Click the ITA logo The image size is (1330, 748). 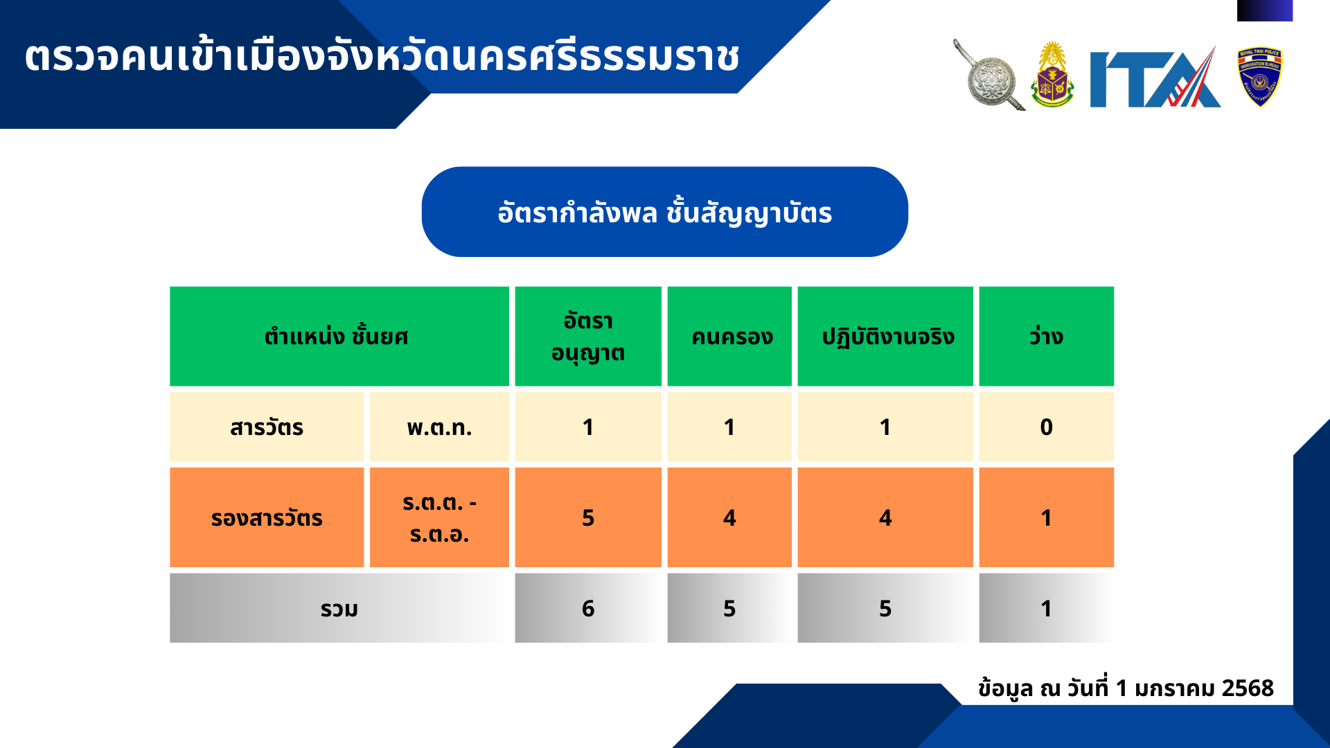point(1155,77)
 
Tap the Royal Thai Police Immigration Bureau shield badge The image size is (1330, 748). point(1259,77)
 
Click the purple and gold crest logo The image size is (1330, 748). point(1052,75)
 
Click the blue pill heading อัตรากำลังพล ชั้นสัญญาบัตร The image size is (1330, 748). point(665,212)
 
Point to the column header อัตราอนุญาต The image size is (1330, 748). point(588,337)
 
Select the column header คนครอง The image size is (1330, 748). point(729,337)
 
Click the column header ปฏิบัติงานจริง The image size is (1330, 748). point(885,337)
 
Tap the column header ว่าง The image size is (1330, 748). point(1046,337)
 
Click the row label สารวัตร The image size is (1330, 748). point(267,427)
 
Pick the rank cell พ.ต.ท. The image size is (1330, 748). point(439,427)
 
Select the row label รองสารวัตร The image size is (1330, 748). point(267,517)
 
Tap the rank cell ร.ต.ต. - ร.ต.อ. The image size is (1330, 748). point(439,517)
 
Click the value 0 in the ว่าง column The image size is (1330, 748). point(1046,427)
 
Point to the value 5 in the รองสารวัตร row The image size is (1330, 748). point(588,517)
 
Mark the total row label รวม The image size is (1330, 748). point(339,608)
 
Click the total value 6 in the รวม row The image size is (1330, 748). point(588,608)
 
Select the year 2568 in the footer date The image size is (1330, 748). point(1248,688)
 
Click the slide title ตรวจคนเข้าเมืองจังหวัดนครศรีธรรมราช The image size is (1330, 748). point(382,56)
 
